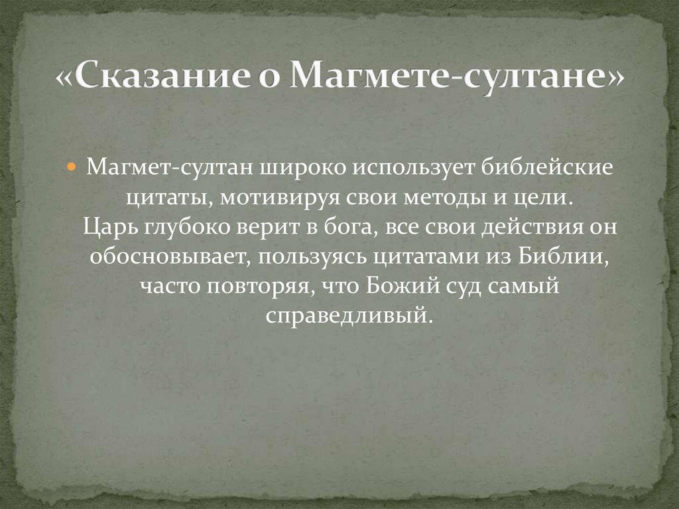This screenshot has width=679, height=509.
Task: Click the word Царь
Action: [105, 228]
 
